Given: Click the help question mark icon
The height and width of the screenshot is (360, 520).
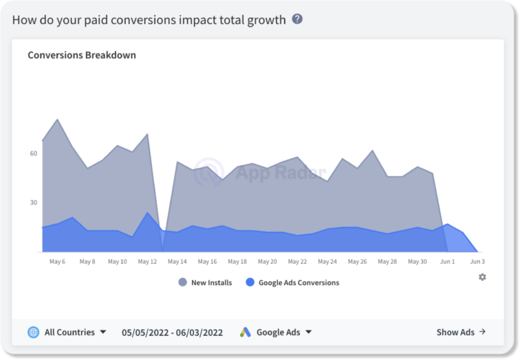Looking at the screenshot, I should (x=297, y=19).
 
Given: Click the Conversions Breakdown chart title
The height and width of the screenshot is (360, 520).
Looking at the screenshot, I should (x=82, y=55).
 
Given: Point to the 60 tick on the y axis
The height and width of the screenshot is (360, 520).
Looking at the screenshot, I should (x=33, y=153).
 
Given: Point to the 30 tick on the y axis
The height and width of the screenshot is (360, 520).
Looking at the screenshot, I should (x=33, y=202).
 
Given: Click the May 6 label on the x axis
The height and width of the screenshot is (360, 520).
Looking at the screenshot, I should (x=57, y=262).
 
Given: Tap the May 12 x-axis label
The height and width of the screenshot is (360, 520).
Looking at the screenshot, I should (x=147, y=262).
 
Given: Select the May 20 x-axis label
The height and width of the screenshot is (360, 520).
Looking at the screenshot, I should (x=268, y=262).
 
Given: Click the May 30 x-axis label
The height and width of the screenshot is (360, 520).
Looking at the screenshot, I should (x=418, y=262).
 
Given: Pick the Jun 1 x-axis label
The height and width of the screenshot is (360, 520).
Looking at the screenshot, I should (x=448, y=262).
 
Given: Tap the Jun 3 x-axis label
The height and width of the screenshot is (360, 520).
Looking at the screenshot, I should (x=477, y=262).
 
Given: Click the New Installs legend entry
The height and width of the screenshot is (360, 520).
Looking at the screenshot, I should (x=205, y=282).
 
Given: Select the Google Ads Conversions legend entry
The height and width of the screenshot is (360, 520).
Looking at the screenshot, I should (x=292, y=282).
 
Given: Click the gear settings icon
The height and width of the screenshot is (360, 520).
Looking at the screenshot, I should (x=482, y=277).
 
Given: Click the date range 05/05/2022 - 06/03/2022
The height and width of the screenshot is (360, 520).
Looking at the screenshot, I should (x=173, y=332).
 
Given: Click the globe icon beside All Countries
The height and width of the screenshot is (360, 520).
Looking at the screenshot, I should (x=33, y=332).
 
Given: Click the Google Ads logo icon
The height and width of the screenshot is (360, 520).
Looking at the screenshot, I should (x=246, y=332).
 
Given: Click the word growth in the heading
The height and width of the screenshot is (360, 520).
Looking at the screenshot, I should (x=265, y=20).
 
